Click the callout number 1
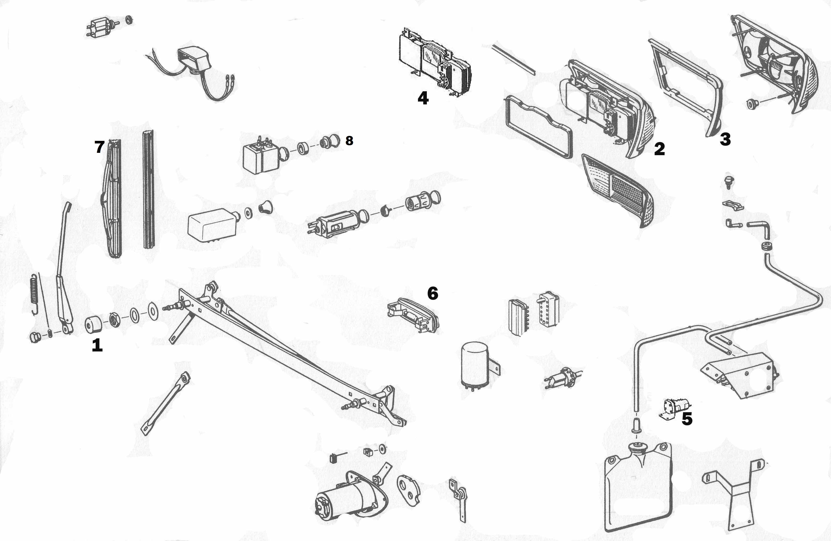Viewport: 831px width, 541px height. (97, 345)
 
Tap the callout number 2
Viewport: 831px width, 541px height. (659, 149)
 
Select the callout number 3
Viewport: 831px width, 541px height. (725, 139)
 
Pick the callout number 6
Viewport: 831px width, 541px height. (433, 293)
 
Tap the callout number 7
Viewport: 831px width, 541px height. (100, 147)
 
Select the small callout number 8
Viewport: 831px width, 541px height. (349, 141)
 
